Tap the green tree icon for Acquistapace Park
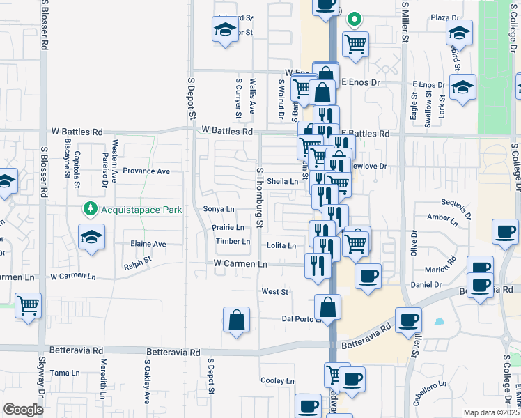[x=90, y=208]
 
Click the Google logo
[x=23, y=409]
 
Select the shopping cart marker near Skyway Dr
[x=28, y=304]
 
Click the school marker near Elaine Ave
[x=91, y=237]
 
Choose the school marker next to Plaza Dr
[x=460, y=33]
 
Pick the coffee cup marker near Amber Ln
[x=505, y=231]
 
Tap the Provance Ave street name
[x=146, y=171]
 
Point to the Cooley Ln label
[x=277, y=381]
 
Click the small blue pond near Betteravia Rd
[x=439, y=322]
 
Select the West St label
[x=274, y=291]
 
